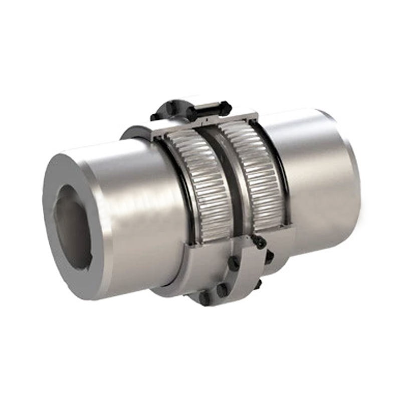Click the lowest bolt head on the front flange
[205, 298]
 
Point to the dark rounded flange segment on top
[168, 111]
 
